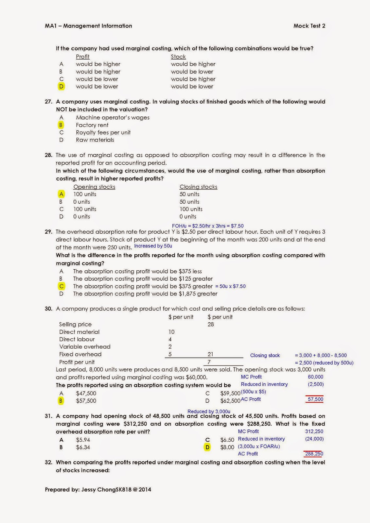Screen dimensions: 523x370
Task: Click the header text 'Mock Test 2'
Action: click(309, 26)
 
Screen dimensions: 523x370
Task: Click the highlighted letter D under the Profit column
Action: click(61, 86)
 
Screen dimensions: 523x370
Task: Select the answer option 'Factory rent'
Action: click(92, 125)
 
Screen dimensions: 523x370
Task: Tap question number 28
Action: click(48, 155)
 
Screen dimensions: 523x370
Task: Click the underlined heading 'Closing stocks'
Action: click(198, 187)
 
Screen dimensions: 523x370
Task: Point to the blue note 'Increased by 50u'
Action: click(153, 246)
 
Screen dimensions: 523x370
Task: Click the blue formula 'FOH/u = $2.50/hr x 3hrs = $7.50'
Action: click(208, 226)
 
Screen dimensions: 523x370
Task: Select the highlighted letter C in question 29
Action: click(61, 286)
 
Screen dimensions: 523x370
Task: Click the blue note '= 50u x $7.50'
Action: click(230, 286)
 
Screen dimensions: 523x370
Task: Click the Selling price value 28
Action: click(210, 324)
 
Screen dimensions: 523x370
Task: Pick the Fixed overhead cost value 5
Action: click(170, 354)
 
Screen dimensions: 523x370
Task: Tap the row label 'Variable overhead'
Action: click(85, 346)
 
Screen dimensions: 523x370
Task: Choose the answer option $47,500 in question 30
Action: click(86, 393)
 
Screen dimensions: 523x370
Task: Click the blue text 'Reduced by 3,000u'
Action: click(209, 411)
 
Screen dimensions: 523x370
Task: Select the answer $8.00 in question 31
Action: click(227, 447)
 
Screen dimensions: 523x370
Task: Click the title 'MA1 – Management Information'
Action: click(88, 26)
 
